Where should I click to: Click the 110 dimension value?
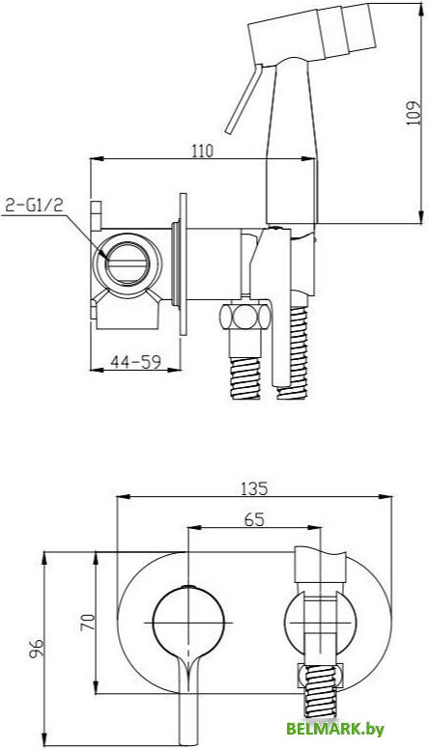coord(202,151)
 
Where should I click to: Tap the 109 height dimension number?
coord(413,113)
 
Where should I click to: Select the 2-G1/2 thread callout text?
coord(34,206)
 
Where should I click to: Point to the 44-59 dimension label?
coord(135,362)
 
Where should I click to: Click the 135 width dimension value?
coord(254,488)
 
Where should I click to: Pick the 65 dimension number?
coord(254,519)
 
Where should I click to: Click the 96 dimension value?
coord(38,649)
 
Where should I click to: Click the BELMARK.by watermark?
coord(335,729)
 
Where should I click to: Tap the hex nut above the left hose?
coord(245,317)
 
